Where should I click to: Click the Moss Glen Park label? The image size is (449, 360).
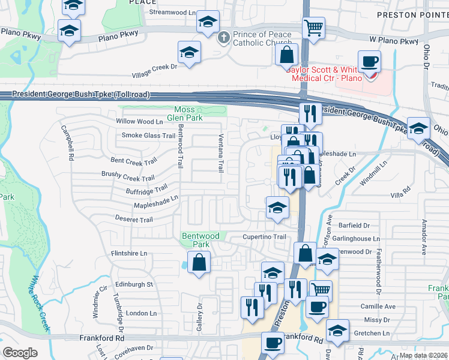(x=184, y=113)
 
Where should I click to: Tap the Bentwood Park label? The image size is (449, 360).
(x=201, y=240)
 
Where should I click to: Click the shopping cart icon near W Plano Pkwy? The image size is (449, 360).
(x=313, y=28)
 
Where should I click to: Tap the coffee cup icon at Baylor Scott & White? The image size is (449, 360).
(x=369, y=61)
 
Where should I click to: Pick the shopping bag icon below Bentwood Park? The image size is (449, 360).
(x=199, y=262)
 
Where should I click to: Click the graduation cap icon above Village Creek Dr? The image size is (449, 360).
(x=189, y=52)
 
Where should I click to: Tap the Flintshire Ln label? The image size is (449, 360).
(x=129, y=253)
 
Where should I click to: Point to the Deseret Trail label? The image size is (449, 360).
(x=134, y=220)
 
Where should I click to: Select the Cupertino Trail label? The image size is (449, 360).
(x=264, y=237)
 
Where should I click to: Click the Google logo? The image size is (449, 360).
(x=20, y=352)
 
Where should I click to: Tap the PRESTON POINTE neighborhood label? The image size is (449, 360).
(x=412, y=14)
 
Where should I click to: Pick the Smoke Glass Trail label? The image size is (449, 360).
(x=148, y=136)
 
